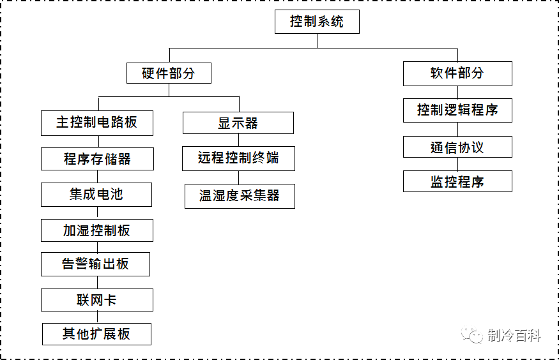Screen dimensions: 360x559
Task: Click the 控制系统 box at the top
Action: point(317,22)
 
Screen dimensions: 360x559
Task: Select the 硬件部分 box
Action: point(168,73)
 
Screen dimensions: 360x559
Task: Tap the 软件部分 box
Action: point(457,73)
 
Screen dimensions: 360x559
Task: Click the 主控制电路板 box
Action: point(96,123)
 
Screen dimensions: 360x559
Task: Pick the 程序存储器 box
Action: point(97,159)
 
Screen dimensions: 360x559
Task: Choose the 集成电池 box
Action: point(96,195)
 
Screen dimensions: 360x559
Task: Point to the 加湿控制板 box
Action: point(96,230)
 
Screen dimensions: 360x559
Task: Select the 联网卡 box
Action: point(96,300)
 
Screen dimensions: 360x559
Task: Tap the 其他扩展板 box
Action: point(96,334)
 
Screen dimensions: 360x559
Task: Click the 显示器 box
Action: point(238,123)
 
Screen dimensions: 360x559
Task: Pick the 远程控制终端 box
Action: point(238,158)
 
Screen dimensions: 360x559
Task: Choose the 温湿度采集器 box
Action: point(240,196)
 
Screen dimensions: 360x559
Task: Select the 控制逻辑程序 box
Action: point(457,110)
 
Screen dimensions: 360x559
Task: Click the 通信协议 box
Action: point(457,147)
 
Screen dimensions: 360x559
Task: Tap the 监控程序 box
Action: point(457,181)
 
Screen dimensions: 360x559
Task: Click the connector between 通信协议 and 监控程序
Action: point(457,164)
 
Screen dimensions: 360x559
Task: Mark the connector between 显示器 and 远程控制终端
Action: point(238,140)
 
